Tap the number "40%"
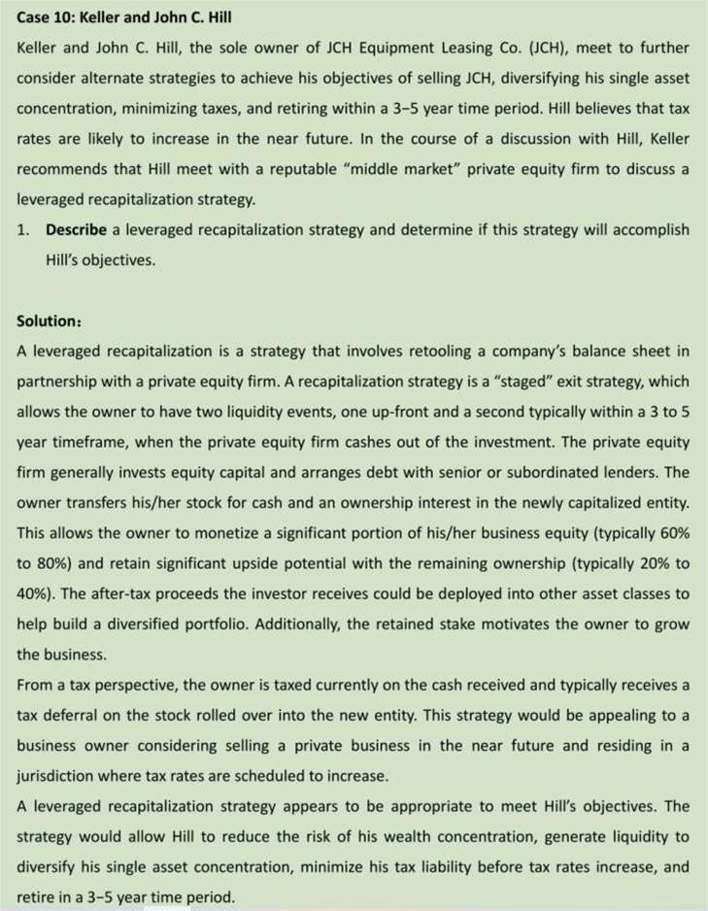[35, 593]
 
